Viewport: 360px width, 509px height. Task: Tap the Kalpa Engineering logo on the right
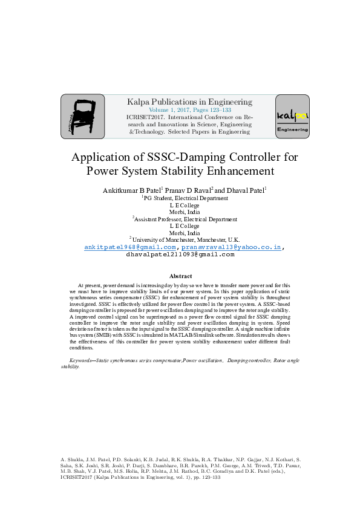292,115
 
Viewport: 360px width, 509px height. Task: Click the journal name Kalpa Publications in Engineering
189,102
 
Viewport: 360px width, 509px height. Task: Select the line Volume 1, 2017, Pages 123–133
188,111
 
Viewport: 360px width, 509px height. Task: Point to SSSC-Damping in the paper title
189,158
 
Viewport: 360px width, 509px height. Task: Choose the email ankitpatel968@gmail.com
130,247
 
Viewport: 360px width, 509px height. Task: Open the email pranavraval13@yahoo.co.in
232,247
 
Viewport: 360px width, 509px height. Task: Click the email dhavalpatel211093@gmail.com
180,254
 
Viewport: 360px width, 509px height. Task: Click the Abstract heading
180,276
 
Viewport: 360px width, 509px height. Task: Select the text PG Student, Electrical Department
186,198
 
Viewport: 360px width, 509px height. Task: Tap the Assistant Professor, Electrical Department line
186,219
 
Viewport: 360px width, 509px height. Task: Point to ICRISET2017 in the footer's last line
76,478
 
